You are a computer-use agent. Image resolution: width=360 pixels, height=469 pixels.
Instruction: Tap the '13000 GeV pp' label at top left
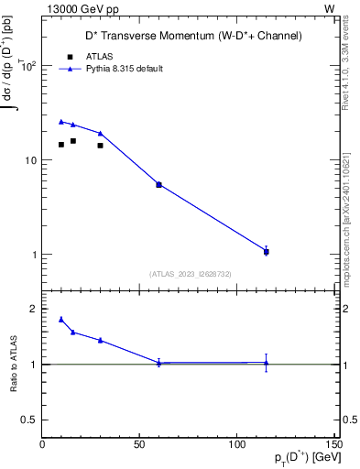[x=79, y=7]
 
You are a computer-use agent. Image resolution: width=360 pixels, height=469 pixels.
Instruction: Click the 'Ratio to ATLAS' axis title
[x=14, y=365]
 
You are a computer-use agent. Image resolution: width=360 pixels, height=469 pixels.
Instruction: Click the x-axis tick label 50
[x=139, y=444]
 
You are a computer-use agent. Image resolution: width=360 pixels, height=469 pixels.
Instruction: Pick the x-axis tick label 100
[x=237, y=444]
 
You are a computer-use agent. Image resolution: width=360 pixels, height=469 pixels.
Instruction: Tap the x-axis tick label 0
[x=42, y=444]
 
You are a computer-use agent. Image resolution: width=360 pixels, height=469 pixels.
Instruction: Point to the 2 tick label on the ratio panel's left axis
[x=33, y=309]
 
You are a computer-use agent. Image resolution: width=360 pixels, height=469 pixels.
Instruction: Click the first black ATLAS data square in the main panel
[x=61, y=144]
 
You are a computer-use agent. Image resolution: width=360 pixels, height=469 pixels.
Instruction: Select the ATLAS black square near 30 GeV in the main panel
[x=101, y=145]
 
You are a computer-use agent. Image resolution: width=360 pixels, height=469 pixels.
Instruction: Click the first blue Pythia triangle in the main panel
[x=61, y=121]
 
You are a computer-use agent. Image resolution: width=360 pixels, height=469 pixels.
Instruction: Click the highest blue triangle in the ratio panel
[x=61, y=319]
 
